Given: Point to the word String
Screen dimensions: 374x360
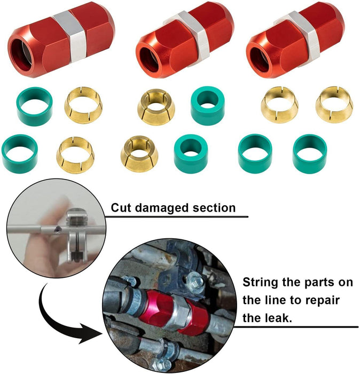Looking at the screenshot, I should click(x=261, y=282).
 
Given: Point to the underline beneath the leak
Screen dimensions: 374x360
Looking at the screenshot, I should click(x=299, y=326).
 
